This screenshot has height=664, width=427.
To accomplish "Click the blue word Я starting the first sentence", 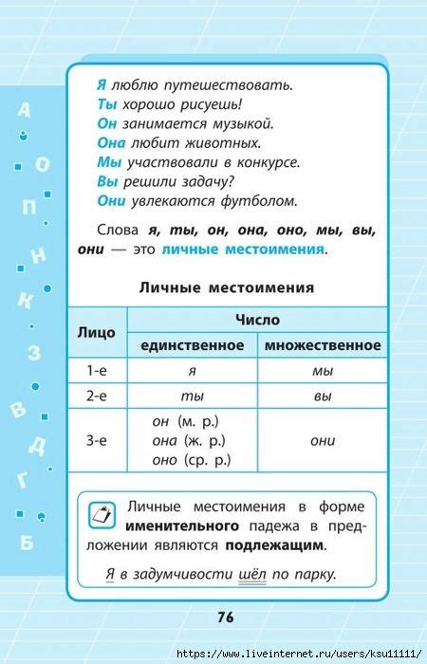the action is click(x=102, y=85).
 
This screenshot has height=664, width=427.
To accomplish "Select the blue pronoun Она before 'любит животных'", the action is click(x=112, y=142).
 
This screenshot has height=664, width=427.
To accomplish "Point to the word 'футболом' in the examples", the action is click(x=265, y=200).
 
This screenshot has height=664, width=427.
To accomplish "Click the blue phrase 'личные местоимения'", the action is click(x=243, y=249).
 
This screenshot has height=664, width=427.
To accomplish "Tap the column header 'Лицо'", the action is click(x=96, y=333).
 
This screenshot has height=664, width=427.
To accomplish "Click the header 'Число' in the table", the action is click(x=257, y=321).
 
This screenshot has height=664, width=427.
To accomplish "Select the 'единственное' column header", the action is click(x=192, y=345).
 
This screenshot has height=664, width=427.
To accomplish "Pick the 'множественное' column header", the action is click(x=323, y=345).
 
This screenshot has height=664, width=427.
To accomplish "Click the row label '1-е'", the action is click(x=96, y=371).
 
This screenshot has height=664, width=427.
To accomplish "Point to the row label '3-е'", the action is click(x=96, y=440).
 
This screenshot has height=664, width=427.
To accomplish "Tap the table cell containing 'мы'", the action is click(x=323, y=371).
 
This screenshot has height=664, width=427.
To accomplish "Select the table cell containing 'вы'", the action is click(x=323, y=396).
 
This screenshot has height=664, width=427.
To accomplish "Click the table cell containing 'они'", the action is click(x=323, y=440).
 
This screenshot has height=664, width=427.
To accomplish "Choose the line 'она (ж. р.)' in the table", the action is click(x=191, y=440).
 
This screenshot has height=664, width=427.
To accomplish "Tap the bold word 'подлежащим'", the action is click(x=274, y=545).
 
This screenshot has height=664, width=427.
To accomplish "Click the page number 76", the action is click(x=225, y=618).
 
